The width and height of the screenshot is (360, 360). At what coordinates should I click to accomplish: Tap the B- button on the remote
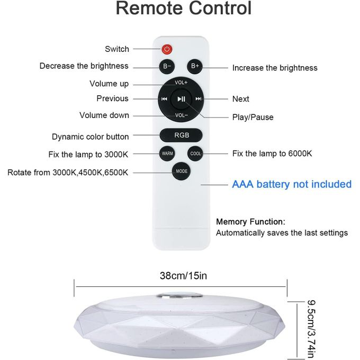pos(167,66)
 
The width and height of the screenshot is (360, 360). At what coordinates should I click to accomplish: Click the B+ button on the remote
pos(195,66)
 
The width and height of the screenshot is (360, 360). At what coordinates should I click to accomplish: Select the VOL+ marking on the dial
pos(181,83)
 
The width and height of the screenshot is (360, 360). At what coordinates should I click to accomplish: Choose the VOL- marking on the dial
pos(182,115)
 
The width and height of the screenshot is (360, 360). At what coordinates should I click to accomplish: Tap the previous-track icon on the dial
pos(164,99)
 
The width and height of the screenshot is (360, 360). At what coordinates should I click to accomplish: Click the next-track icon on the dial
pos(199,99)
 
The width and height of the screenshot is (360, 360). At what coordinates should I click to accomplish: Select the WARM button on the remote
pos(167,154)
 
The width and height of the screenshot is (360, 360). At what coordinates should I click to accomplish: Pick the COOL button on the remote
pos(195,154)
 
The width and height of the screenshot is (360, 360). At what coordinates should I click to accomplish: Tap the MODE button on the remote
pos(182,171)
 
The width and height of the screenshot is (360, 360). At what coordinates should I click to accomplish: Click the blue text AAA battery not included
pos(292,184)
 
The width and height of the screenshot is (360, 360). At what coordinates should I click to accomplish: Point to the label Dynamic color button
pos(90,137)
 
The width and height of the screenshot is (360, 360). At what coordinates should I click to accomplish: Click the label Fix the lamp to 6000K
pos(272,154)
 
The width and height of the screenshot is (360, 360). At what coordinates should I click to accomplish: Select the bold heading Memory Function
pos(250,221)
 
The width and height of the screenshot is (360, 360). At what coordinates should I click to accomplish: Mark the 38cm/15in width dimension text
pos(183,275)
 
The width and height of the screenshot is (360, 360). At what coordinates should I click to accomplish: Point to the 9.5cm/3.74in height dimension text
pos(311,329)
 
